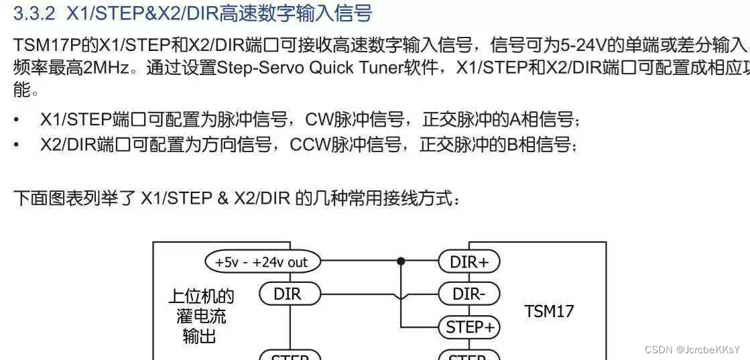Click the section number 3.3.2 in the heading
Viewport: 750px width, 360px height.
point(36,13)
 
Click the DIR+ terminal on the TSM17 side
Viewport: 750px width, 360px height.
point(469,262)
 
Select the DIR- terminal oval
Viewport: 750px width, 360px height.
point(469,294)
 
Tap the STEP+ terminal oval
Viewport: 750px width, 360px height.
point(469,327)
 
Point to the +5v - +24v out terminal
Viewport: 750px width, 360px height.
point(262,262)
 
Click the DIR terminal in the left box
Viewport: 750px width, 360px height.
point(289,294)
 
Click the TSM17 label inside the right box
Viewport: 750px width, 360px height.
point(549,311)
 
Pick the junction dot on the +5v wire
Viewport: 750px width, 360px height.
point(401,261)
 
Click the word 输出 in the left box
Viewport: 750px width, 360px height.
point(199,336)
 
